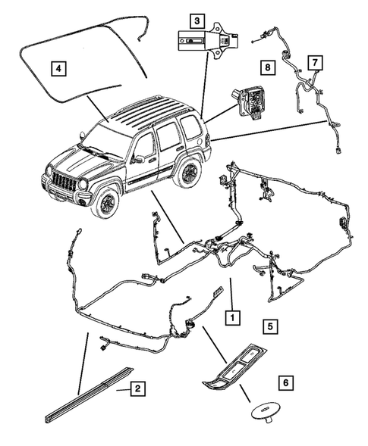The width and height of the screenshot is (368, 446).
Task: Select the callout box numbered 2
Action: click(137, 390)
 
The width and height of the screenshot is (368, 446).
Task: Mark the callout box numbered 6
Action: click(285, 382)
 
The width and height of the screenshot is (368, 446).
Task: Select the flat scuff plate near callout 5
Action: click(237, 376)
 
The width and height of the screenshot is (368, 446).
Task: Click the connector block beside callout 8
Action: click(248, 101)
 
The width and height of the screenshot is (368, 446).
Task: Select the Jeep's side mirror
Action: click(137, 160)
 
